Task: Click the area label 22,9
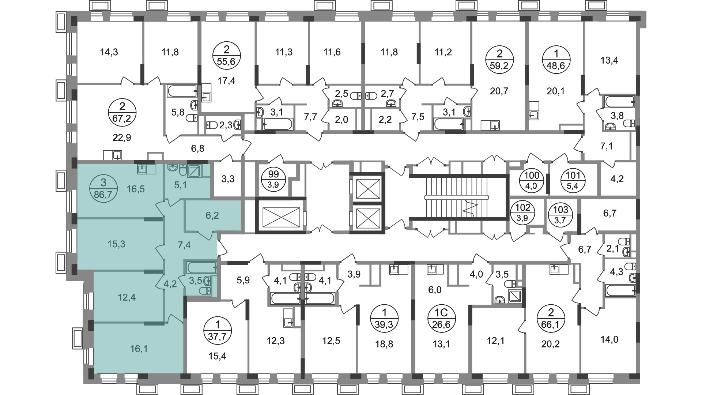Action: click(122, 138)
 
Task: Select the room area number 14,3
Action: click(109, 52)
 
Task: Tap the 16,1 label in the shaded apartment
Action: click(139, 349)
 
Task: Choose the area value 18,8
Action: click(384, 344)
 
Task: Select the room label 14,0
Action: click(609, 339)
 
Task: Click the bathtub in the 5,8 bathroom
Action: click(182, 91)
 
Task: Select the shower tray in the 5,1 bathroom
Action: click(194, 171)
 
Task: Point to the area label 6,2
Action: click(212, 215)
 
